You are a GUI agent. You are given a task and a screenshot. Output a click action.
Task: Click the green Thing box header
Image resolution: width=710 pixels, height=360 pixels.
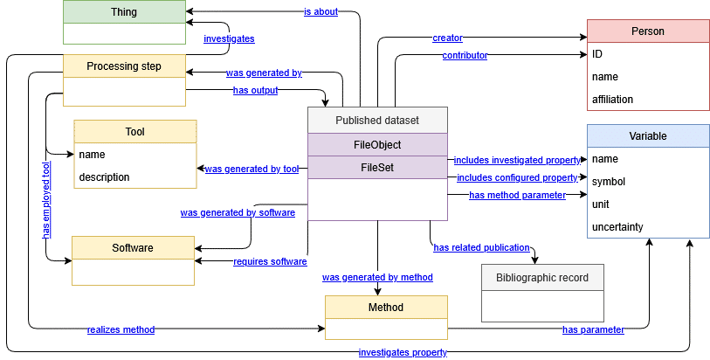click(x=124, y=12)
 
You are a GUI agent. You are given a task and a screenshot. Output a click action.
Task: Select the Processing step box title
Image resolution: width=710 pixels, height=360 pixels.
click(x=124, y=66)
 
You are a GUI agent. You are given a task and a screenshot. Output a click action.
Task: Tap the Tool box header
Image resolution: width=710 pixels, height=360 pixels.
click(x=134, y=132)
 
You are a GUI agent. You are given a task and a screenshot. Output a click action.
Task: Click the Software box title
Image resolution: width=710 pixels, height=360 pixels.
click(x=132, y=248)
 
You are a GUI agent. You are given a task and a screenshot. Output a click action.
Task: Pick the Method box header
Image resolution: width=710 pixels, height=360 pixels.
click(x=386, y=308)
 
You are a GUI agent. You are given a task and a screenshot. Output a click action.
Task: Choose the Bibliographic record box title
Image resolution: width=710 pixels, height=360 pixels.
click(x=542, y=278)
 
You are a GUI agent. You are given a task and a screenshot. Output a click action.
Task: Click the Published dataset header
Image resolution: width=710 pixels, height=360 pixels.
click(x=377, y=120)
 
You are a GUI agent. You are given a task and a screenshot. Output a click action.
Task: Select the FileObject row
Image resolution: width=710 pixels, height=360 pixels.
click(x=377, y=143)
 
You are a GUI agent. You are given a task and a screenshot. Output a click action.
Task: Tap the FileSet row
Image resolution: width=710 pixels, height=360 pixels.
click(x=377, y=166)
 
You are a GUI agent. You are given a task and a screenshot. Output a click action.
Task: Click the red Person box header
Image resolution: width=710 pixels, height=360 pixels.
click(x=647, y=31)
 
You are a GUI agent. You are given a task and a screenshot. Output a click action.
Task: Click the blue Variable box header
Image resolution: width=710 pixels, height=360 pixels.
click(x=647, y=137)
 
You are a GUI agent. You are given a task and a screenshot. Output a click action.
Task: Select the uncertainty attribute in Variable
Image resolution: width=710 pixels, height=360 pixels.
click(x=617, y=227)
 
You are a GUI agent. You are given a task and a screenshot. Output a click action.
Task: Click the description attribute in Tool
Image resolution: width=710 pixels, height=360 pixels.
click(x=104, y=177)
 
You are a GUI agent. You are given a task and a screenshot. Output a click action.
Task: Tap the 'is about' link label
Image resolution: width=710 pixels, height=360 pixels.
click(x=321, y=11)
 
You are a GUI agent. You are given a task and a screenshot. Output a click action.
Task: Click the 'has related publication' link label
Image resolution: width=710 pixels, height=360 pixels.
click(x=481, y=247)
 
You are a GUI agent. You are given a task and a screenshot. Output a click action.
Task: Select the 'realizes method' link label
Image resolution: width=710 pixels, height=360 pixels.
click(x=121, y=329)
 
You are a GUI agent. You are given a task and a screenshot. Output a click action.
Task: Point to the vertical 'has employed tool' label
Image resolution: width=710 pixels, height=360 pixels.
click(x=46, y=200)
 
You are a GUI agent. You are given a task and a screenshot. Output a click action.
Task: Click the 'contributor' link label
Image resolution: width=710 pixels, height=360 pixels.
click(x=465, y=55)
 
